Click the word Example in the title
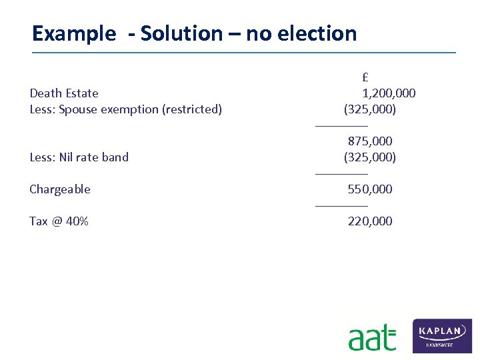[x=73, y=33]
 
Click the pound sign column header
[x=366, y=77]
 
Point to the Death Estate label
[x=64, y=93]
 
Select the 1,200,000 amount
[x=389, y=93]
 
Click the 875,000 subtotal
[x=370, y=141]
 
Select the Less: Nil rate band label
[x=79, y=157]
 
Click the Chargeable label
[x=60, y=189]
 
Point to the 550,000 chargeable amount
[x=370, y=189]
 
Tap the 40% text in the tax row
[x=77, y=221]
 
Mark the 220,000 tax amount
[x=370, y=221]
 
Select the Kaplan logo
[x=442, y=335]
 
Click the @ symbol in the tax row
[x=57, y=221]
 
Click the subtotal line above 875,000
[x=341, y=125]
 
